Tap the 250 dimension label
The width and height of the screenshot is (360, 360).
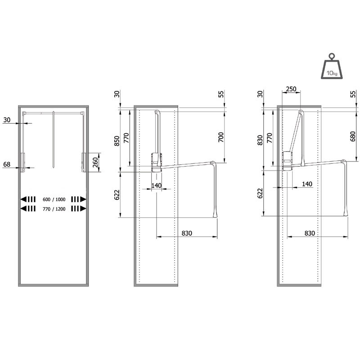(x=291, y=89)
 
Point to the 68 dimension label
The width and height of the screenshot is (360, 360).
(x=6, y=164)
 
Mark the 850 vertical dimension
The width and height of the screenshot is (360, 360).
(x=117, y=140)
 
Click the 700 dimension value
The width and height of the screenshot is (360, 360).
(x=221, y=137)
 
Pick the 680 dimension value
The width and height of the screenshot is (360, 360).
(x=352, y=136)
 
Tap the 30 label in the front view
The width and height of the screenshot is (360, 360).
(x=6, y=120)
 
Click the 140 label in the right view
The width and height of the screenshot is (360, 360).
(x=307, y=184)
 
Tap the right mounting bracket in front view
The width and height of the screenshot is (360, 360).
(x=83, y=162)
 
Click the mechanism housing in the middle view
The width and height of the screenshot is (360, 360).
(x=155, y=162)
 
